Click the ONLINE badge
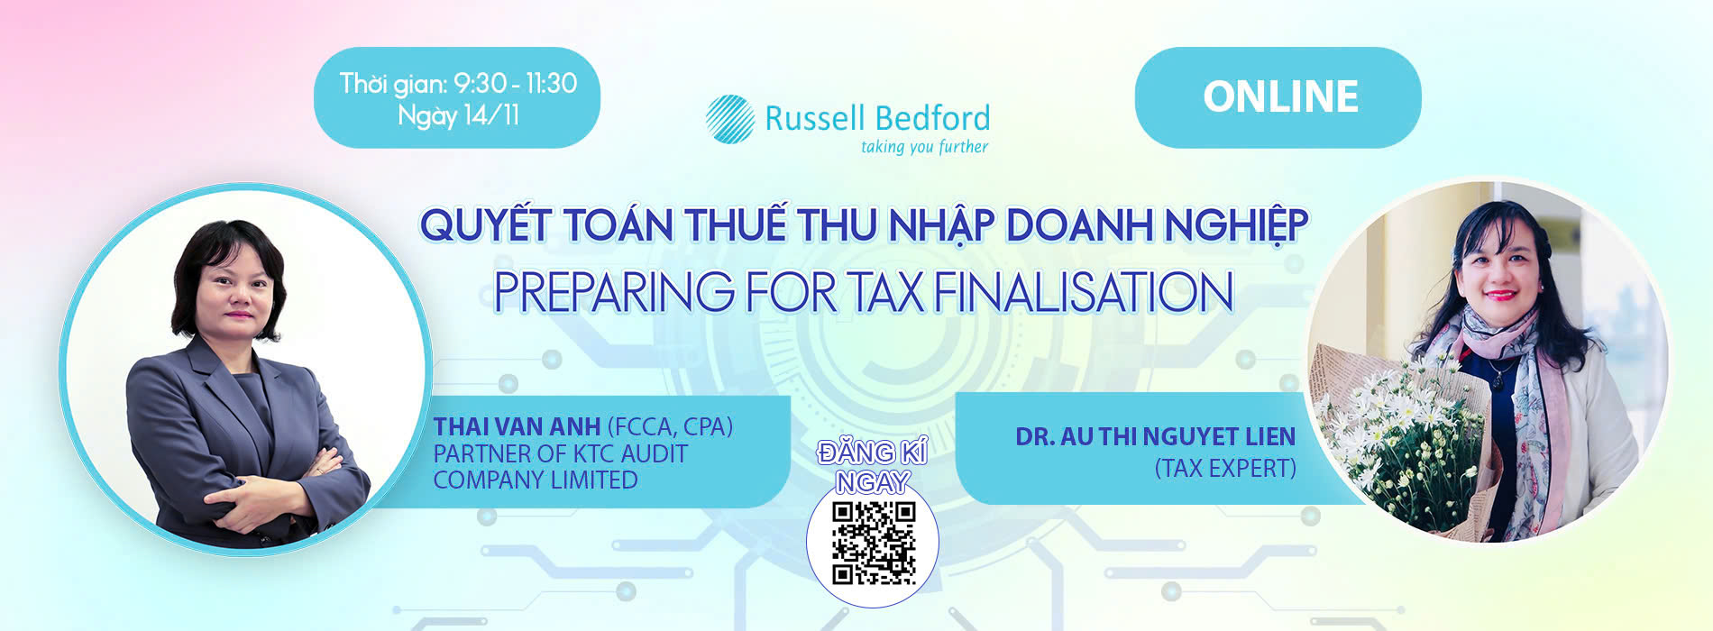click(1278, 97)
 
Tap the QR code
click(873, 543)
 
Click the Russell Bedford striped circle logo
click(729, 119)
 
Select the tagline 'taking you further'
click(924, 147)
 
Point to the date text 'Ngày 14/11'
click(458, 115)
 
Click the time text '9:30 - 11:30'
click(515, 83)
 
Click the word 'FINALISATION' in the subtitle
click(1084, 292)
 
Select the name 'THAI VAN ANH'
click(517, 426)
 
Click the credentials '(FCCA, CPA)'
click(670, 426)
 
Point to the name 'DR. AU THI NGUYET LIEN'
click(1155, 437)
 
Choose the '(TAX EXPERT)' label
click(1225, 469)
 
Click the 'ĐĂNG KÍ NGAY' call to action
click(872, 466)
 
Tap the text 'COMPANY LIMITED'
click(535, 480)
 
